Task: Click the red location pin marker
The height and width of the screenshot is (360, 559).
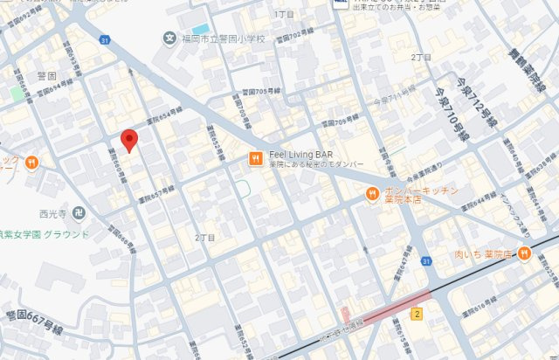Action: pos(129,140)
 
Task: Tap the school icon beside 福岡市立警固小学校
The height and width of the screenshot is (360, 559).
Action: pos(169,38)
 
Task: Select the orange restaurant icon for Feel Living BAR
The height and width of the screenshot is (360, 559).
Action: pos(255,158)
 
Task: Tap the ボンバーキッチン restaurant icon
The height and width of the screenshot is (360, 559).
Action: pos(372,193)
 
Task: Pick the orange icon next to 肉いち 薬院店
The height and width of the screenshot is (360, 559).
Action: pos(524,253)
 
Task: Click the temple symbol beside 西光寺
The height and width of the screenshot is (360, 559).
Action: pos(79,211)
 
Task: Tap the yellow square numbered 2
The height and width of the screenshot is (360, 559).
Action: pos(418,314)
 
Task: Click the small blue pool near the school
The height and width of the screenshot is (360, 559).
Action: pos(201,29)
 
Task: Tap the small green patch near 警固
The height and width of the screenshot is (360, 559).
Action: pos(17,93)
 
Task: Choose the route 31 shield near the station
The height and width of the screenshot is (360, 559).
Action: pos(426,260)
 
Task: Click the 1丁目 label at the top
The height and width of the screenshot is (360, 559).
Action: pos(285,15)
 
